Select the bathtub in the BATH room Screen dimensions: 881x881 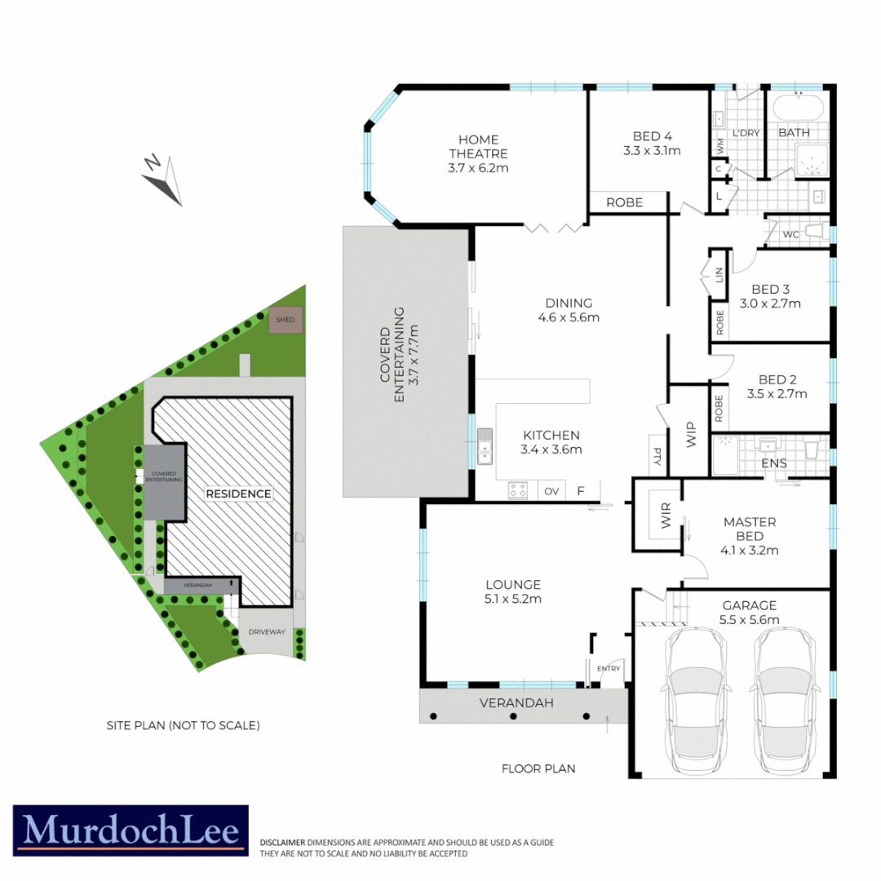(x=799, y=108)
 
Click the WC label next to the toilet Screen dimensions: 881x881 (x=790, y=235)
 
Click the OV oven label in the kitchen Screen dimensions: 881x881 (x=551, y=491)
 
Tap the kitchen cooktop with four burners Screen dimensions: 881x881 (x=518, y=490)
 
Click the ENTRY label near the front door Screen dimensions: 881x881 (x=609, y=669)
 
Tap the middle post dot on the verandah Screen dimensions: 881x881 (x=513, y=716)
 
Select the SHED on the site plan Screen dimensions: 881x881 (x=286, y=321)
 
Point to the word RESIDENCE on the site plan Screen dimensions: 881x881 (x=238, y=494)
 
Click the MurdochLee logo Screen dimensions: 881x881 (x=131, y=830)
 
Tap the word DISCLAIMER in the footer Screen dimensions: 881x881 (x=282, y=842)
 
